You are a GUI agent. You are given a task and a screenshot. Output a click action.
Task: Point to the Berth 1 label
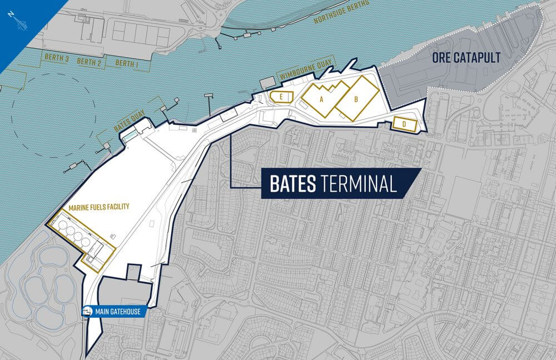pos(127,63)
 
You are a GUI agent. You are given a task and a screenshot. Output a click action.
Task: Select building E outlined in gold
pos(281,97)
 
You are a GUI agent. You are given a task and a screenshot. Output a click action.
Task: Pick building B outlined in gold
pos(357,99)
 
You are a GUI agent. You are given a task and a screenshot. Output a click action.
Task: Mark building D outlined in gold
pos(404,124)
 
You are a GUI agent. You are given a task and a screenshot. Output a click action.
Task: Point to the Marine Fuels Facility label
pos(98,207)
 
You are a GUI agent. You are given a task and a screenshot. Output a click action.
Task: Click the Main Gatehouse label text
pos(118,312)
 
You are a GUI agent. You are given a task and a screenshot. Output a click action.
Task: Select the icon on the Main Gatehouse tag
pos(88,312)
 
